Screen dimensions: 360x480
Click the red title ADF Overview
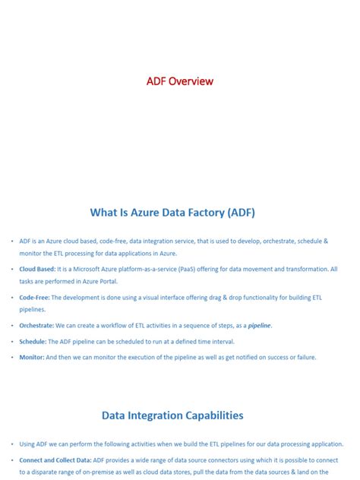click(x=180, y=81)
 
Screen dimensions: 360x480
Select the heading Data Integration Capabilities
click(x=172, y=415)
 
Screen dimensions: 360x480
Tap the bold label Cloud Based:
click(x=37, y=269)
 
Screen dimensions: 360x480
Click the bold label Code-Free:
click(x=35, y=298)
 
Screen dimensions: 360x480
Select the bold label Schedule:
click(x=35, y=343)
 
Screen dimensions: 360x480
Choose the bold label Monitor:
click(x=34, y=357)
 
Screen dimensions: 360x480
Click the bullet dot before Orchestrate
click(x=12, y=326)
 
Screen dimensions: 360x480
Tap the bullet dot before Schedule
click(x=12, y=343)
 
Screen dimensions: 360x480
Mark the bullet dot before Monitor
click(x=12, y=357)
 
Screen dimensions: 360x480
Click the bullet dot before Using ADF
click(x=12, y=444)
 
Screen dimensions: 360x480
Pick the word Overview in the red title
click(x=191, y=81)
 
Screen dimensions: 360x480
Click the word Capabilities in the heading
click(x=211, y=415)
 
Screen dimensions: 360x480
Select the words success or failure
click(x=291, y=357)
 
